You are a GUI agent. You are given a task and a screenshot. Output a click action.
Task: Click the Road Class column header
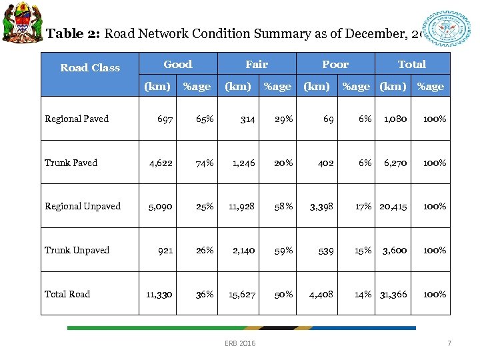click(90, 67)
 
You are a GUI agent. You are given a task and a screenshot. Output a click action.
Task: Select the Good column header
click(177, 64)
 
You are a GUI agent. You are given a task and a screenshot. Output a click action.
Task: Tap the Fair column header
click(257, 64)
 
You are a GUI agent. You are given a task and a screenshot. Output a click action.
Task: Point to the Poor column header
click(335, 64)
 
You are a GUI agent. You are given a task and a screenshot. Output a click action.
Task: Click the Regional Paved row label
click(77, 119)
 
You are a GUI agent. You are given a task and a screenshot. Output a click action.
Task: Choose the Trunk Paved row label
click(71, 163)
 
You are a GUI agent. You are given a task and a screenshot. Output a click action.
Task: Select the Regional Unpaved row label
click(83, 206)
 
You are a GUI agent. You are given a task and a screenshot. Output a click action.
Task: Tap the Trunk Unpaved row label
click(77, 250)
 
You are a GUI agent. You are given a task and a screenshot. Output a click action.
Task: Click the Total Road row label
click(67, 294)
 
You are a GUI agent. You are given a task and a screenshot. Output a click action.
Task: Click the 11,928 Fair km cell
click(241, 206)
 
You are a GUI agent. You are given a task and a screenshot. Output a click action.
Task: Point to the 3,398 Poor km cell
click(321, 206)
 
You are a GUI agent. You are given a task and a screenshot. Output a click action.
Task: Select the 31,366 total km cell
click(393, 294)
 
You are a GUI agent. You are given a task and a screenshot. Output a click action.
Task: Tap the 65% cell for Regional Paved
click(205, 119)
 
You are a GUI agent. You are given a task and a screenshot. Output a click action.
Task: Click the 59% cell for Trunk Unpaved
click(284, 250)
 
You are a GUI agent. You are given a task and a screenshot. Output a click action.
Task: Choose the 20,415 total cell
click(393, 206)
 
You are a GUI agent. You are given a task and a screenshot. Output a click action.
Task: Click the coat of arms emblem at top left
click(21, 22)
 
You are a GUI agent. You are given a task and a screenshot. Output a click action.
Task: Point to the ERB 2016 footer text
click(240, 343)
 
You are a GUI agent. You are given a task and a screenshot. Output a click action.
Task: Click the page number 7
click(449, 343)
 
